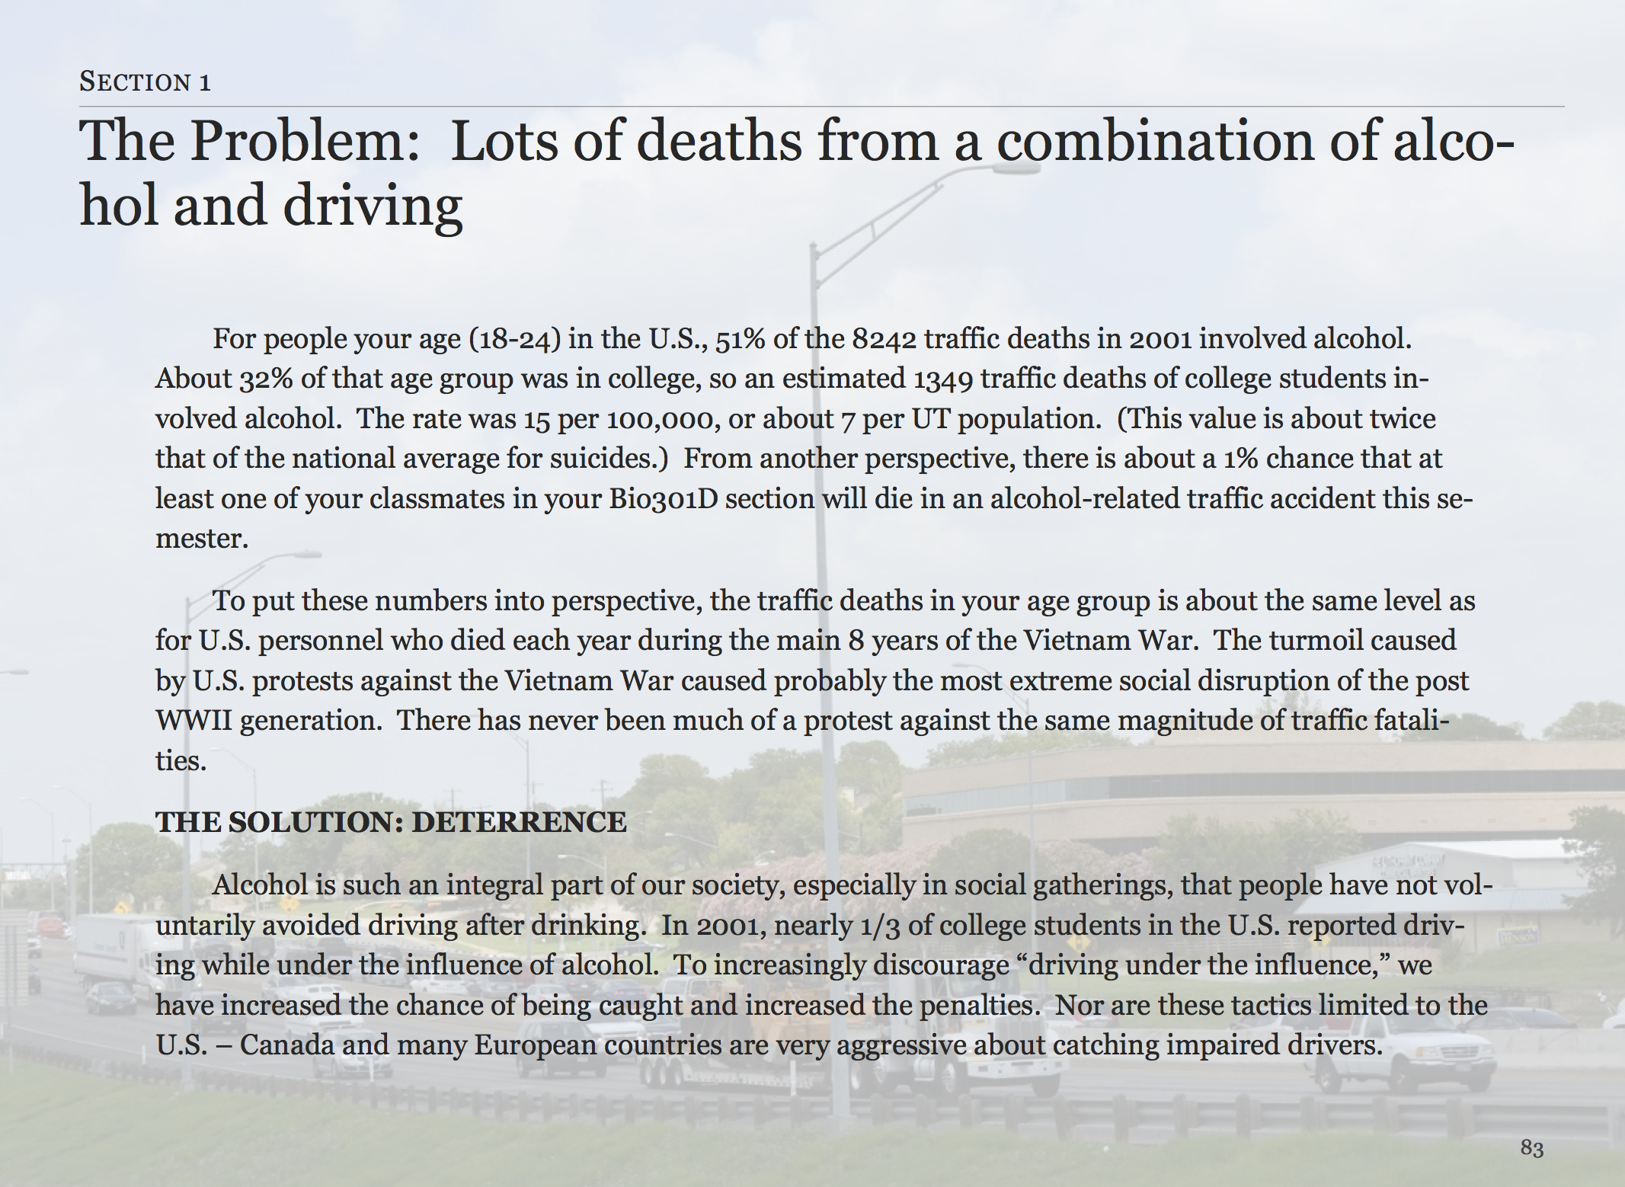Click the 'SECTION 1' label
145,82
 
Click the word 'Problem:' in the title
305,142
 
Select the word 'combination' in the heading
1155,142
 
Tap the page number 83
1532,1148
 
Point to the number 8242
884,339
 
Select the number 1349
944,379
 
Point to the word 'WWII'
193,721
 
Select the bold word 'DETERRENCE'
519,822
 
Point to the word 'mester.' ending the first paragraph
202,539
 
